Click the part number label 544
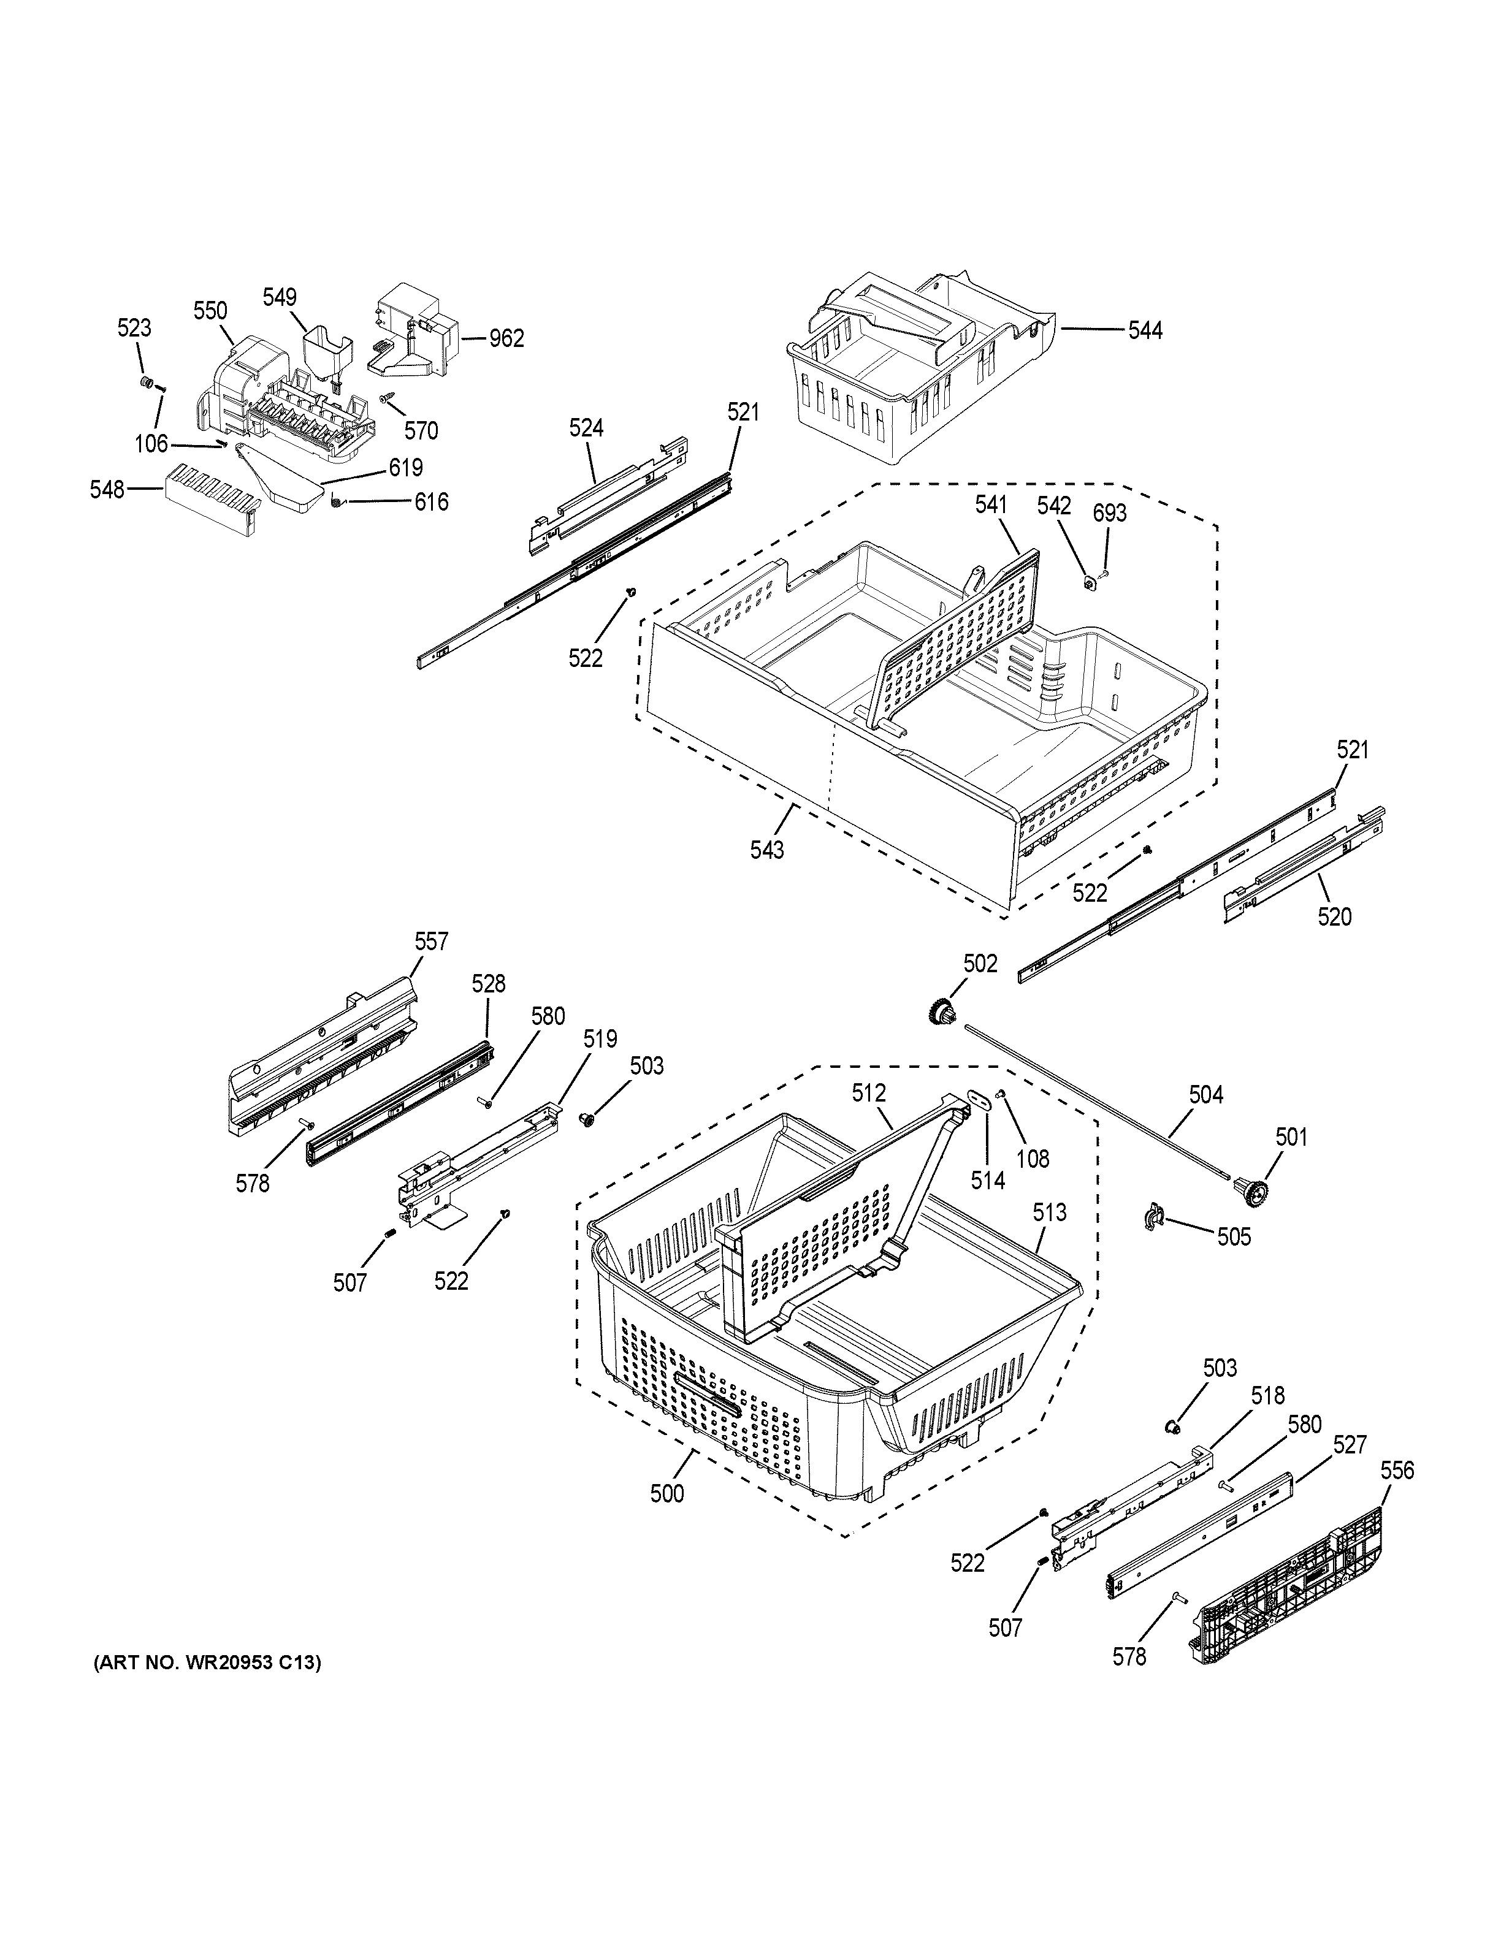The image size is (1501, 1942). click(1145, 331)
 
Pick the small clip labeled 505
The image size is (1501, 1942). click(1154, 1216)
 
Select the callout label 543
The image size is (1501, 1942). click(766, 850)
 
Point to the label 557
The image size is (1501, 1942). click(431, 941)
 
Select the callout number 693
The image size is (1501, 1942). click(1110, 512)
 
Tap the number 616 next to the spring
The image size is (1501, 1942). click(431, 501)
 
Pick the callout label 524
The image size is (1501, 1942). click(586, 428)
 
